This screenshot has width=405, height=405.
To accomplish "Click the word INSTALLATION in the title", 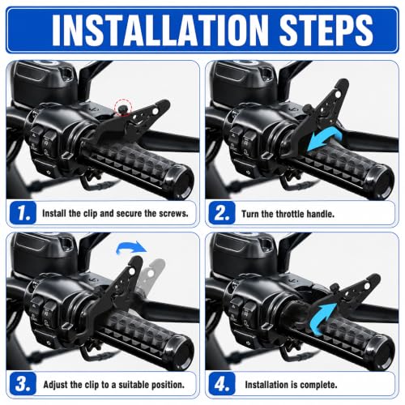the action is click(160, 30).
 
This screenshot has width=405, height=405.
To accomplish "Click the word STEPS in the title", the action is click(326, 30).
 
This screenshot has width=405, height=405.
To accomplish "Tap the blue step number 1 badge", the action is click(23, 213).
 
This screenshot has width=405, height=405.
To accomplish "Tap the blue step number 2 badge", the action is click(222, 213).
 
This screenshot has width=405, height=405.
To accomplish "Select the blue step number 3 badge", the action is click(23, 384).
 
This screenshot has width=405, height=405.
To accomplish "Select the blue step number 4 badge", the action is click(222, 384).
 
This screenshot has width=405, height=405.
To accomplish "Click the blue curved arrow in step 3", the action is click(131, 247).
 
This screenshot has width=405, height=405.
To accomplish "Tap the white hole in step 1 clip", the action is click(155, 111).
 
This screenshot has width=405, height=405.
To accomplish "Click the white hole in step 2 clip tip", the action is click(337, 94).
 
